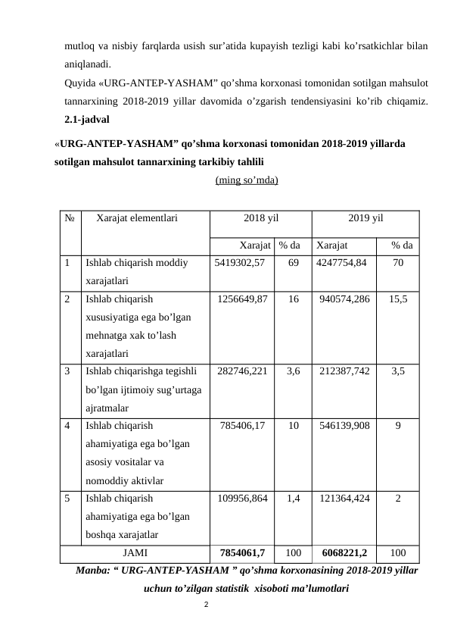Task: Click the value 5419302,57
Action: (x=241, y=263)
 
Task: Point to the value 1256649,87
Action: (x=242, y=299)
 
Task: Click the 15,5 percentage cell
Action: (x=398, y=299)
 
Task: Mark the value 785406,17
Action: (x=242, y=426)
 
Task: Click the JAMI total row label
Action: (x=135, y=553)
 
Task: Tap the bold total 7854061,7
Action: (x=242, y=553)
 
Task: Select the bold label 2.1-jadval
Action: (x=87, y=120)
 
